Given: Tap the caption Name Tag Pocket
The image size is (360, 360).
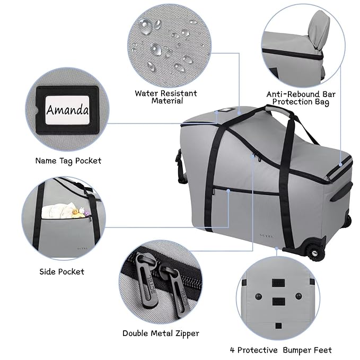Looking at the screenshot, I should click(68, 160).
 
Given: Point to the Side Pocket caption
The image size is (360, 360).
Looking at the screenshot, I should click(62, 271).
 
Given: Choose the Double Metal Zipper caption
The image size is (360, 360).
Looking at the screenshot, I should click(161, 333).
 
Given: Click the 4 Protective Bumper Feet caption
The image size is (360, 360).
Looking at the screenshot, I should click(282, 350).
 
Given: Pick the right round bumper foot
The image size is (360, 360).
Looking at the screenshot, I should click(300, 295).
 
